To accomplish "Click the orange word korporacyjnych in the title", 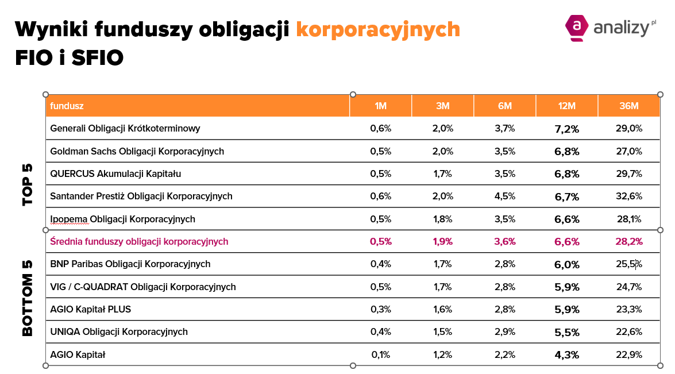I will tap(378, 29).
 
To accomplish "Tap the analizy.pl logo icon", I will tap(577, 28).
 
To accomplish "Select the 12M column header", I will tap(566, 106).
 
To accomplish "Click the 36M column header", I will tap(629, 106).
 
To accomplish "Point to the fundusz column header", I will tap(67, 106).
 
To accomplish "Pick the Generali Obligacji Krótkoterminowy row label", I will tap(125, 129).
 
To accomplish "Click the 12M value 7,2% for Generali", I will tap(566, 129).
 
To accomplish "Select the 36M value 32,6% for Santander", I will tap(628, 196).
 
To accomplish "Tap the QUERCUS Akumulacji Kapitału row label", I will tap(116, 173).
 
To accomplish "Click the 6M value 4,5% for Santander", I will tap(505, 196).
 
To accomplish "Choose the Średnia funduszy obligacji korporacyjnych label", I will tap(140, 242).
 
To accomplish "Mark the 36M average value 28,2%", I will tap(628, 242).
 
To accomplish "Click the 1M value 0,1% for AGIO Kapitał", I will tap(381, 355).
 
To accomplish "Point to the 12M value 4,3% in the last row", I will tap(566, 355).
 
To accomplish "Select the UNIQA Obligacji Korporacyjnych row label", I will tap(119, 332).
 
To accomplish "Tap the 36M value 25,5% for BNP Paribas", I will tap(628, 264).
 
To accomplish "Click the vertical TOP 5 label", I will tap(28, 185).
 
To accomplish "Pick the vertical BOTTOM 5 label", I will tap(28, 298).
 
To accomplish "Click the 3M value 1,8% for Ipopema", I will tap(443, 219).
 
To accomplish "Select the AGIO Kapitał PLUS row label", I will tap(91, 310).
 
